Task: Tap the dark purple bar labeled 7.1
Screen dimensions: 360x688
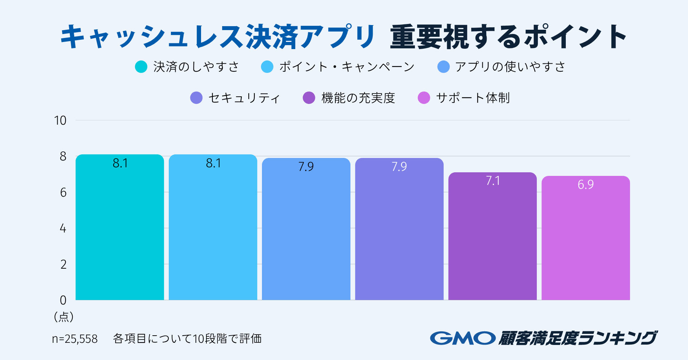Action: coord(492,236)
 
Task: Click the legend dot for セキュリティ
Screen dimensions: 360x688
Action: coord(196,98)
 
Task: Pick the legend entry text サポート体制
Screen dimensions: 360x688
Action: coord(473,98)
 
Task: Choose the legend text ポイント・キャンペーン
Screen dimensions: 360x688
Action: coord(347,67)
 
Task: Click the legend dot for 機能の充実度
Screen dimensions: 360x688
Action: coord(309,98)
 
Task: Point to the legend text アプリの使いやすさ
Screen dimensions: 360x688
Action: coord(510,67)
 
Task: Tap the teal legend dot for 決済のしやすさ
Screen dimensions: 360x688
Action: coord(141,67)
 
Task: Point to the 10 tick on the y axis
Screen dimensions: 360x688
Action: coord(60,121)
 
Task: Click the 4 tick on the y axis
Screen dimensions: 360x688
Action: coord(63,229)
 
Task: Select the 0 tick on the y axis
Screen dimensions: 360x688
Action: coord(63,300)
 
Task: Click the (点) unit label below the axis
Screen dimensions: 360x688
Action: coord(64,317)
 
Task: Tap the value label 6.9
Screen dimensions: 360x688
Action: coord(586,184)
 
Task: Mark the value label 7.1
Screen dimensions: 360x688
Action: coord(493,181)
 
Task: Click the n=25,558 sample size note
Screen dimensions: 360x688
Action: coord(75,339)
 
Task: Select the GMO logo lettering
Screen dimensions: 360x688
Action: coord(463,338)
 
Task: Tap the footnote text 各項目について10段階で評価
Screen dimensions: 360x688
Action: coord(187,339)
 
